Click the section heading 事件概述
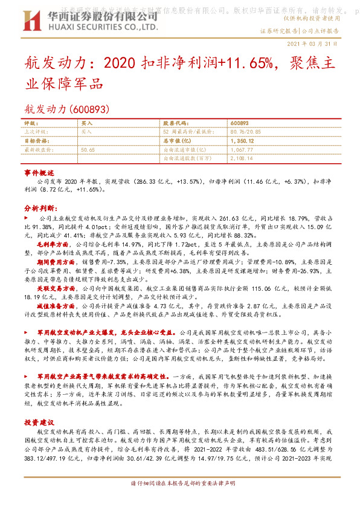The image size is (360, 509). click(x=39, y=172)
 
